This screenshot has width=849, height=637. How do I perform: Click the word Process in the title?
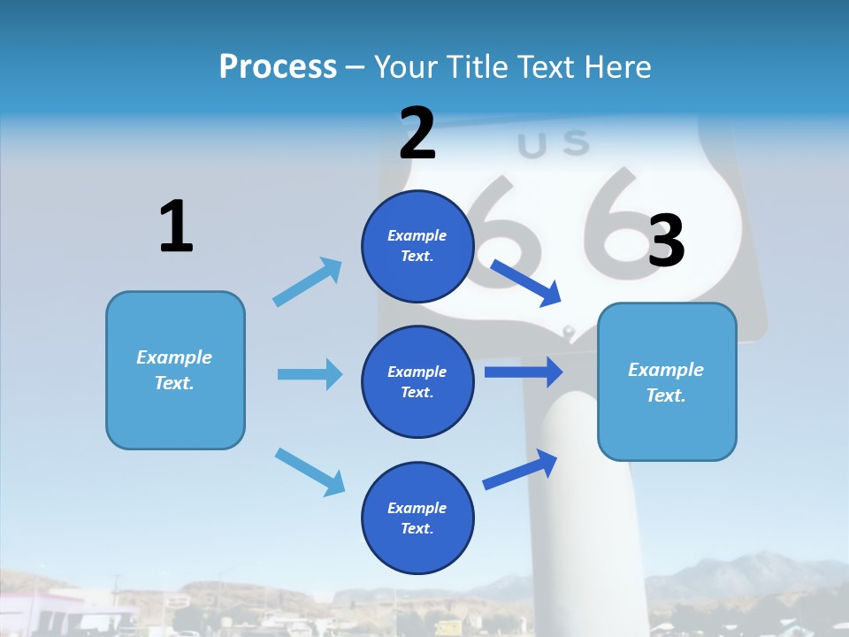point(278,67)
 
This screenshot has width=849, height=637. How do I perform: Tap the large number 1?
point(176,227)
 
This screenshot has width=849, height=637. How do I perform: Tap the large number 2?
point(417,134)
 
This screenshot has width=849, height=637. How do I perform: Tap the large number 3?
point(666,242)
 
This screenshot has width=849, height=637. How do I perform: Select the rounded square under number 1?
point(175,370)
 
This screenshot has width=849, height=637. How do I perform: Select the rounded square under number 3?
point(667,381)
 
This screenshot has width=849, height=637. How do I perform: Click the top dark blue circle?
point(417,246)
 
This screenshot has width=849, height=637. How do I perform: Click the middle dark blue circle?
point(417,381)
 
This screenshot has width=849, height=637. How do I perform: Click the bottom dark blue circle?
point(417,518)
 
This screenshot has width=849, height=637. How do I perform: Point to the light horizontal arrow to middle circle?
point(310,374)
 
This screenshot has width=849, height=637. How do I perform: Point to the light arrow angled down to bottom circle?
point(310,472)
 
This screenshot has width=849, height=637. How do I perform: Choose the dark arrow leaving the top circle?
point(526,282)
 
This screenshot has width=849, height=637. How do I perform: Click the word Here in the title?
point(618,67)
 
